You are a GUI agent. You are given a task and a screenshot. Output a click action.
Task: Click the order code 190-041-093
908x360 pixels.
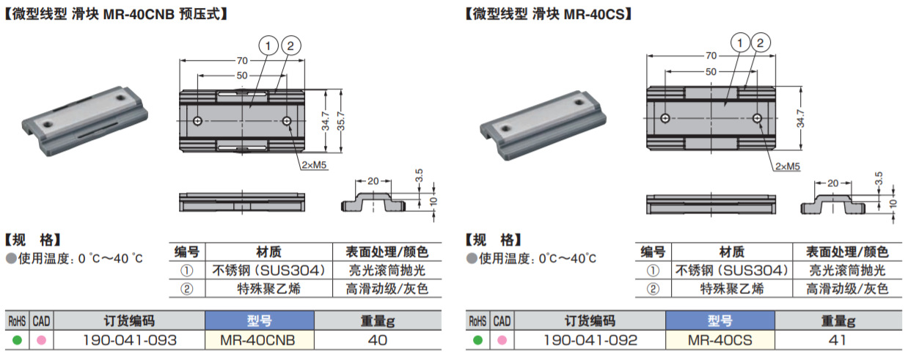point(131,340)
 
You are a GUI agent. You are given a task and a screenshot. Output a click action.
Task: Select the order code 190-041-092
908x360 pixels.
point(590,340)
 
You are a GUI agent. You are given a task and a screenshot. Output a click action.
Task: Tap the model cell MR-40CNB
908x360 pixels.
point(259,340)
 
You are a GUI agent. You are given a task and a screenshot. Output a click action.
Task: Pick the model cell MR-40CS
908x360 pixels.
point(720,340)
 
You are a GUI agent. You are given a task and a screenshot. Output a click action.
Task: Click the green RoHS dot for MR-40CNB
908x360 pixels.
point(16,340)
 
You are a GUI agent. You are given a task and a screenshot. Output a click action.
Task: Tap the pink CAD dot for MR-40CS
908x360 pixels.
point(502,340)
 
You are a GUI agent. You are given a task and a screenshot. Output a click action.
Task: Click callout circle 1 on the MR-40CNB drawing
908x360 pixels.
point(268,46)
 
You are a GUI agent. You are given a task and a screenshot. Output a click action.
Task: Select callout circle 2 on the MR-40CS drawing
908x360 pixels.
point(761,43)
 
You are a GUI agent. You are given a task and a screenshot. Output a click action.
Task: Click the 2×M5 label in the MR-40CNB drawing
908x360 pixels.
point(312,165)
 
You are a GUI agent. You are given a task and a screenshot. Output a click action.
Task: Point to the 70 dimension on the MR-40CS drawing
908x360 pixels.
point(711,56)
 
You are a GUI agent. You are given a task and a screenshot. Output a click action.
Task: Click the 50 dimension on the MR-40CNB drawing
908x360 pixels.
point(241,76)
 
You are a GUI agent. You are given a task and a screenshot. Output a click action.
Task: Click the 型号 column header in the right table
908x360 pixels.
point(720,321)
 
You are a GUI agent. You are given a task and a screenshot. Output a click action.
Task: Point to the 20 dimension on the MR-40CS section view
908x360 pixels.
point(832,183)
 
